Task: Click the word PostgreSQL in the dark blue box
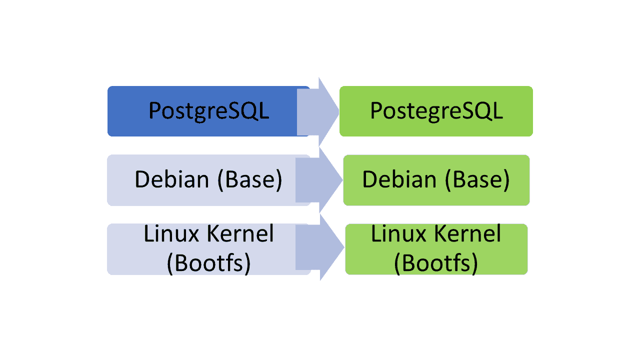click(x=208, y=111)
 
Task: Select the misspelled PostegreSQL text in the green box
click(x=436, y=111)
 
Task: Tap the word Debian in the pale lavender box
click(x=171, y=179)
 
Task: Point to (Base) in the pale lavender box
click(x=250, y=180)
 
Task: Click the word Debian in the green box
click(x=398, y=179)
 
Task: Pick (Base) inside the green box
click(x=477, y=180)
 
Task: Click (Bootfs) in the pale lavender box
click(x=208, y=263)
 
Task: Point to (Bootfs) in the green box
click(x=435, y=263)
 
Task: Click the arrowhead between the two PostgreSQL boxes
click(x=327, y=111)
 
